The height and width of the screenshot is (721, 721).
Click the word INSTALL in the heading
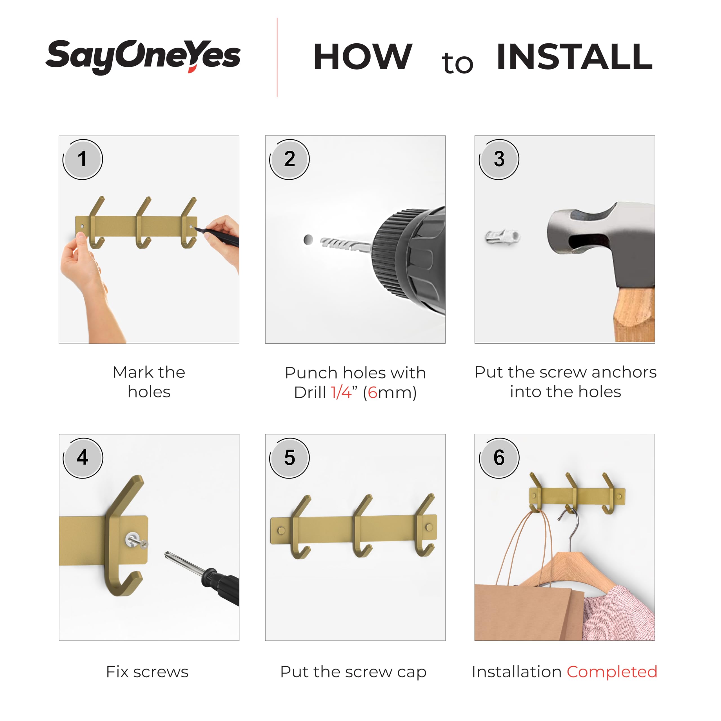575,56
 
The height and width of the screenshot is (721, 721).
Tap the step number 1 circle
83,159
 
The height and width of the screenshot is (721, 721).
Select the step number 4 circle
83,458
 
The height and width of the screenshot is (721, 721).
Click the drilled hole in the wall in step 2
308,240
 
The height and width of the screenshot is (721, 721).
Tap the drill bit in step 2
345,244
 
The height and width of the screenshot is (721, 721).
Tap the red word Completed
612,672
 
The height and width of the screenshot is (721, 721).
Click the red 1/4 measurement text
341,393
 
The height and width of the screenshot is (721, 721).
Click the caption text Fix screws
147,672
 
